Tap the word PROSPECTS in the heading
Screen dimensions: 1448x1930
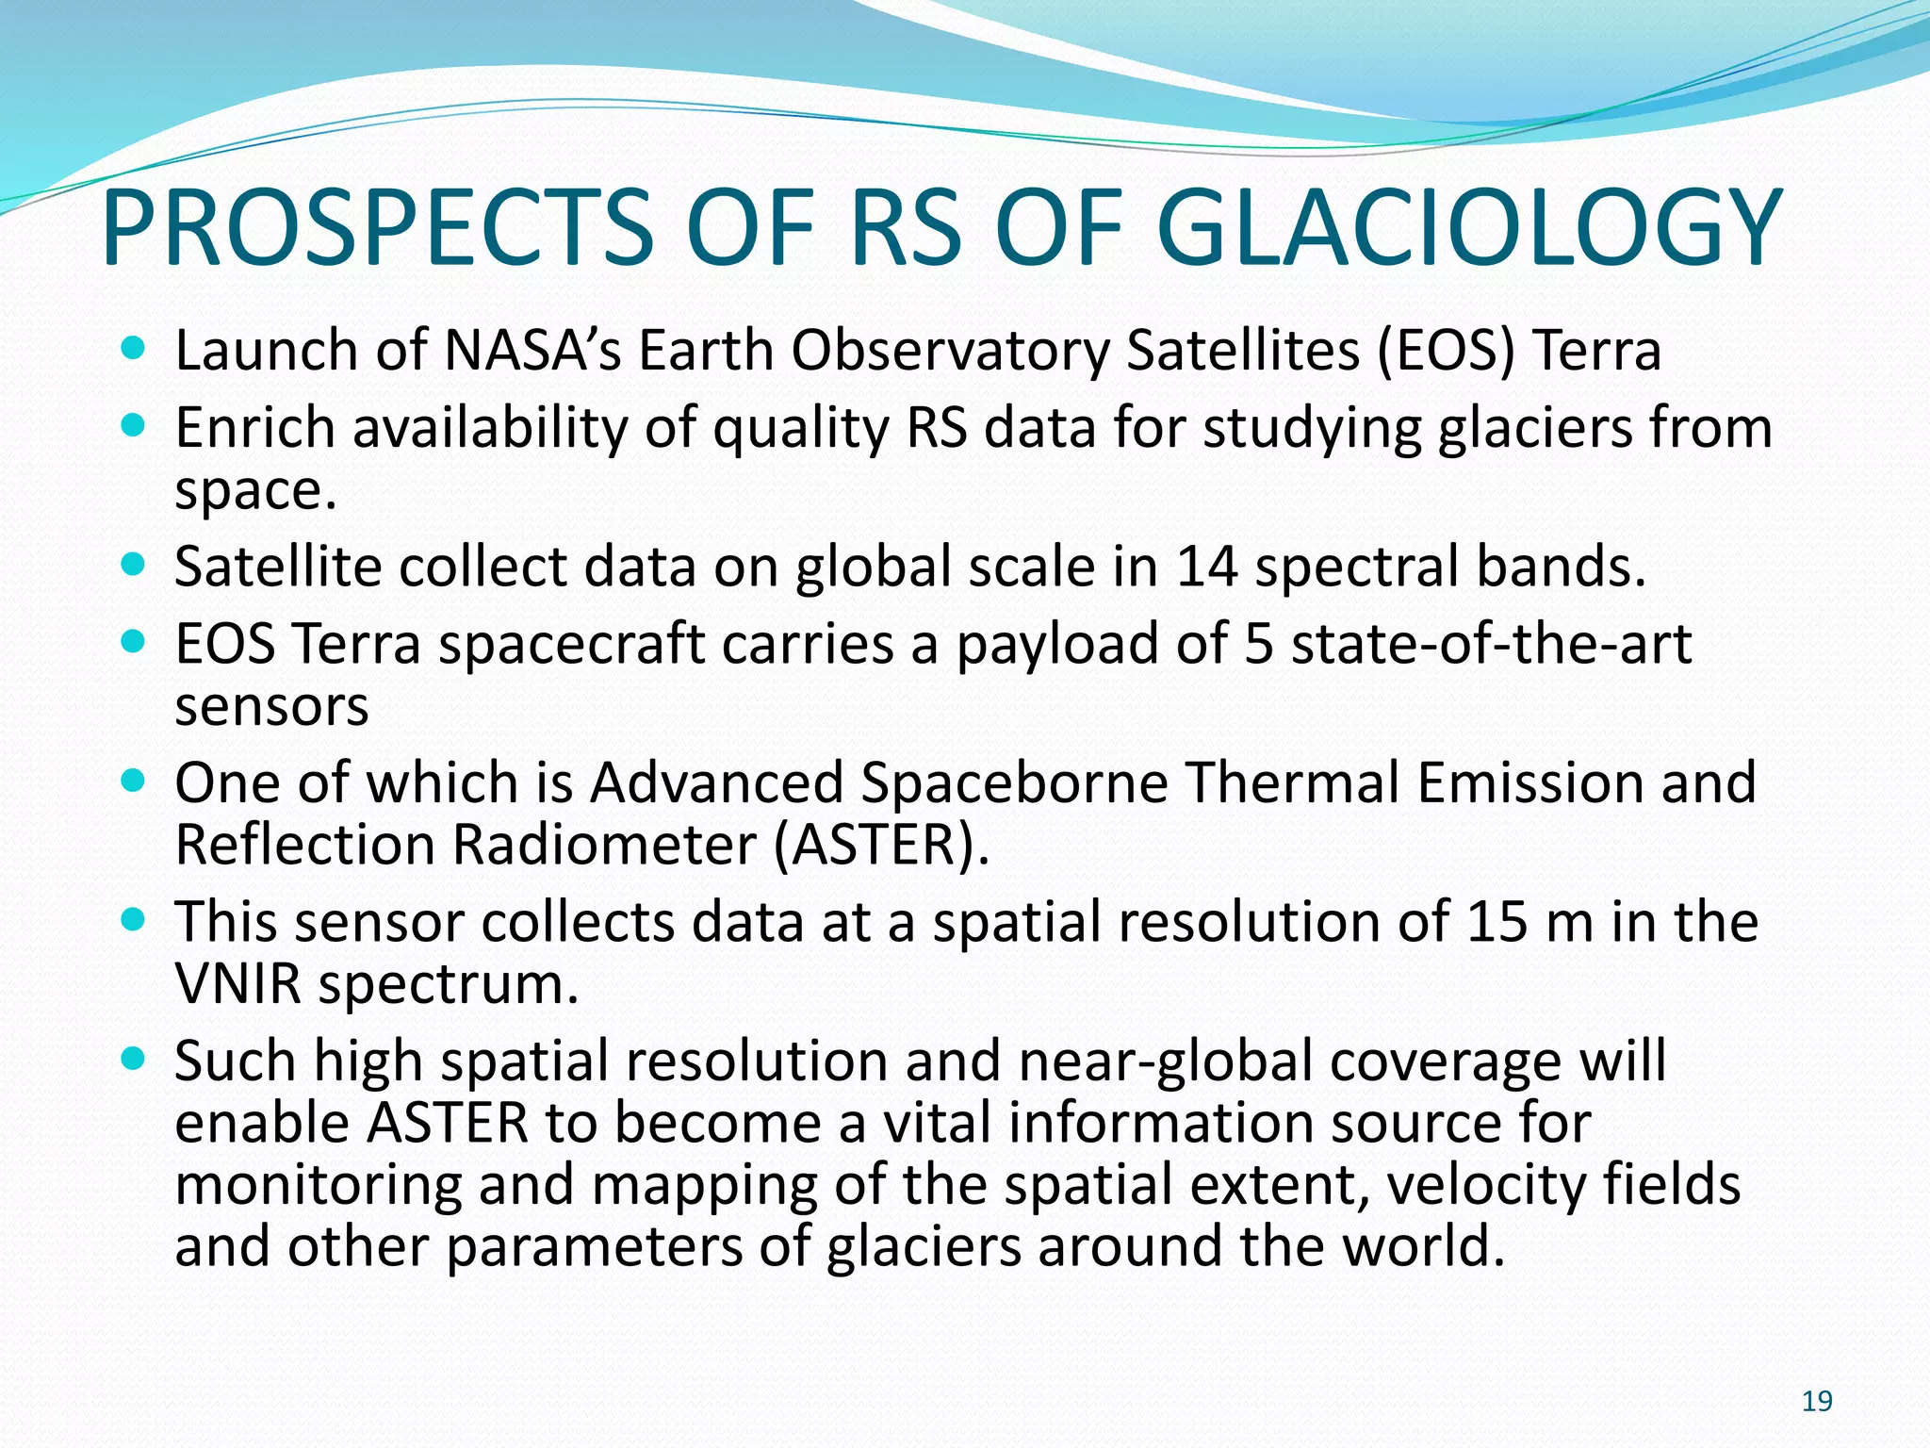(377, 228)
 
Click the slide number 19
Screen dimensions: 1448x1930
(1816, 1402)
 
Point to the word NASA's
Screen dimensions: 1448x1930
(532, 351)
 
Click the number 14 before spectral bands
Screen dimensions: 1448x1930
(1206, 567)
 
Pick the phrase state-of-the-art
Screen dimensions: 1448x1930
(1491, 645)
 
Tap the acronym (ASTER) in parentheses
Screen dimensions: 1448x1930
(880, 845)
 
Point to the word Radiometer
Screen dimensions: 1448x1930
(604, 845)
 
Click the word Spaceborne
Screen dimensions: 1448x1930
(1014, 783)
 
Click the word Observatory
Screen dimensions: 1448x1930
(951, 351)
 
